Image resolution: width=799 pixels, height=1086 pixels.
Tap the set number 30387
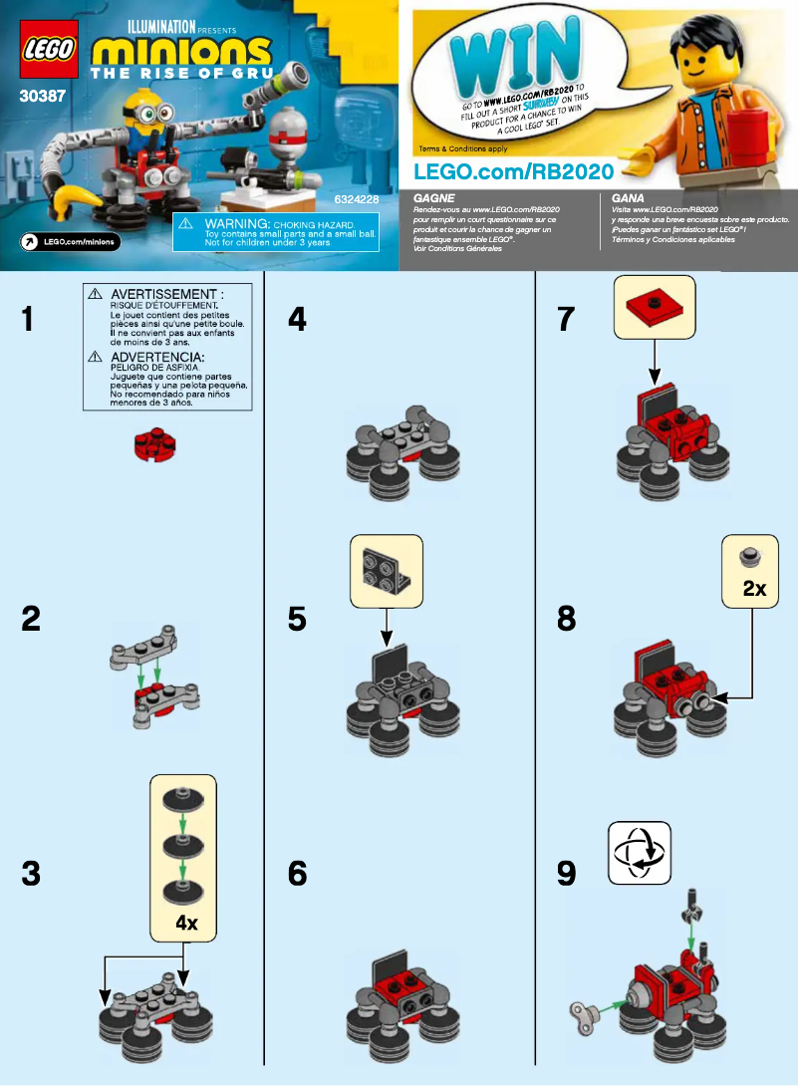(39, 97)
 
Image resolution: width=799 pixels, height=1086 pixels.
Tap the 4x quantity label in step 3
(186, 923)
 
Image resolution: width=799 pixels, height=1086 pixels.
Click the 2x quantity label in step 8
(754, 589)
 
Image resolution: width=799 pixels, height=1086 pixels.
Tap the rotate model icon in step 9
(640, 853)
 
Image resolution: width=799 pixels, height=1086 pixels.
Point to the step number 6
(297, 874)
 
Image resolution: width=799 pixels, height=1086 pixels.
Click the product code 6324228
(356, 200)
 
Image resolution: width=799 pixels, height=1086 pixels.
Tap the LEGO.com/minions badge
(71, 241)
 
